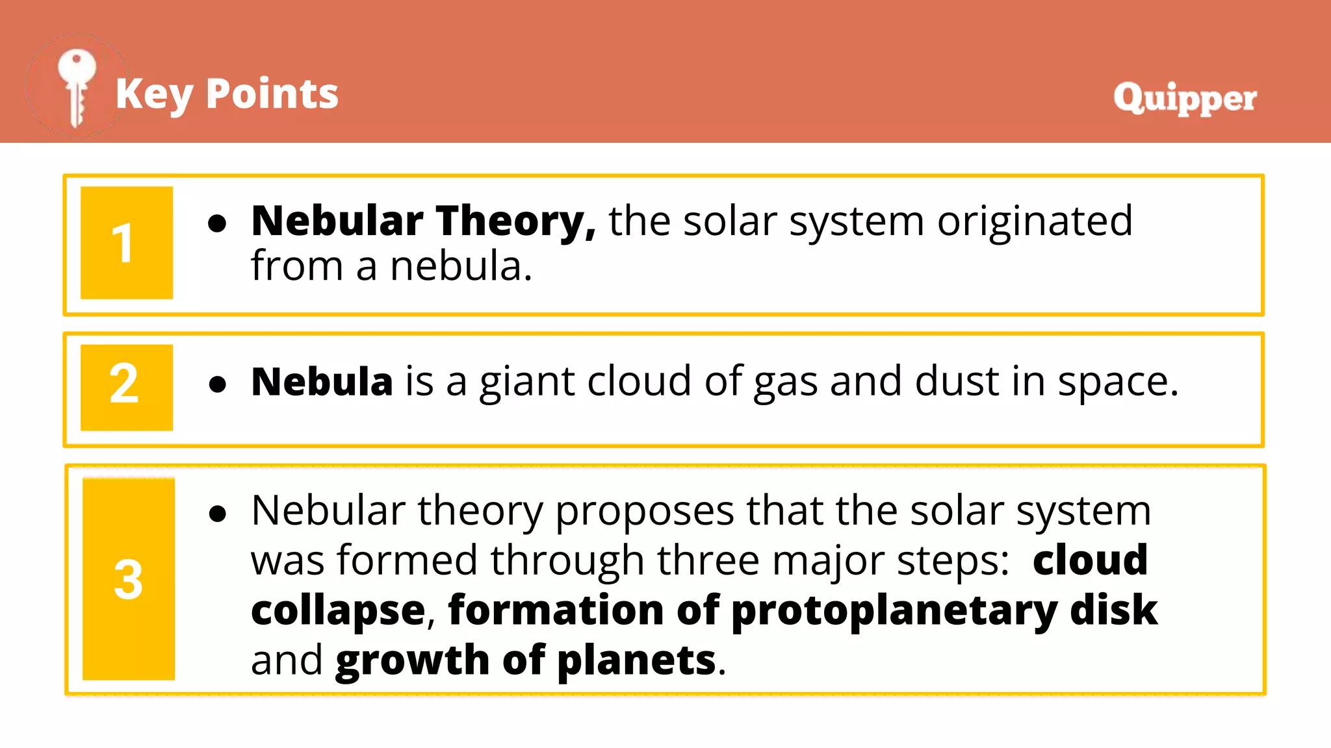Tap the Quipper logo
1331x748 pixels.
point(1185,98)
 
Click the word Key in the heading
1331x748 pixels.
point(154,94)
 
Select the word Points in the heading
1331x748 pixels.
point(272,94)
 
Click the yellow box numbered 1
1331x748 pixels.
point(127,243)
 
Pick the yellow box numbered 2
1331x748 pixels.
point(127,387)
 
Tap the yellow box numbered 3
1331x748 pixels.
point(129,579)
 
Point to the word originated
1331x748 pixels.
point(1035,221)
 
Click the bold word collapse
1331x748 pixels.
point(338,612)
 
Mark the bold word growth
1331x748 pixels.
point(412,661)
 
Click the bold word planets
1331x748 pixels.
point(636,661)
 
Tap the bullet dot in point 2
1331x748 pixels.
point(218,384)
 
